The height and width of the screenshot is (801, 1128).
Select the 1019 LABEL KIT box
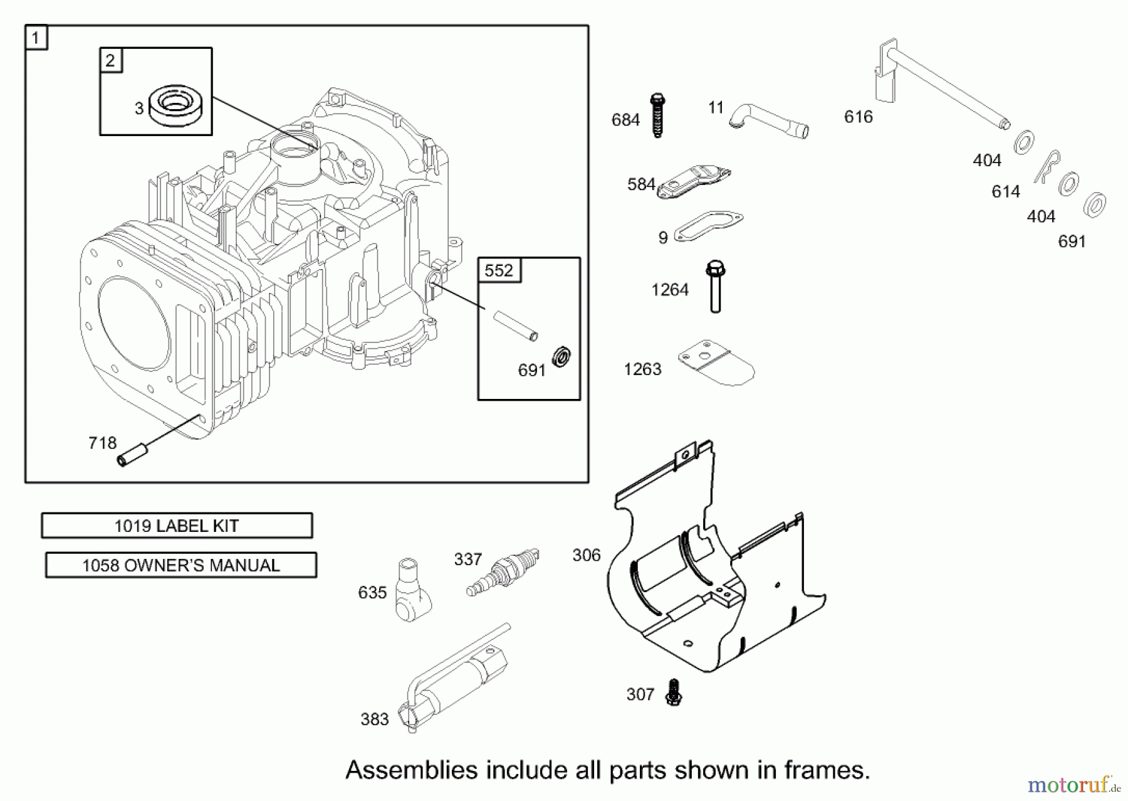[177, 526]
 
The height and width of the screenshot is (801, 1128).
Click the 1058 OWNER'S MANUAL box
[181, 565]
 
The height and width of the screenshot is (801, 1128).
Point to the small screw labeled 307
[674, 692]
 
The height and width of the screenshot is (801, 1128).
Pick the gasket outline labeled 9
[708, 227]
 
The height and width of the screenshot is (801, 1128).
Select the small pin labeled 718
[133, 454]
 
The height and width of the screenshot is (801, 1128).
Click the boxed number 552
[499, 270]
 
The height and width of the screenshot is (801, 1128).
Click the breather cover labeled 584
[694, 181]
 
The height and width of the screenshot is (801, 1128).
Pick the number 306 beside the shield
[586, 555]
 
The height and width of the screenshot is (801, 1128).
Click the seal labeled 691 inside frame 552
[561, 357]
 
